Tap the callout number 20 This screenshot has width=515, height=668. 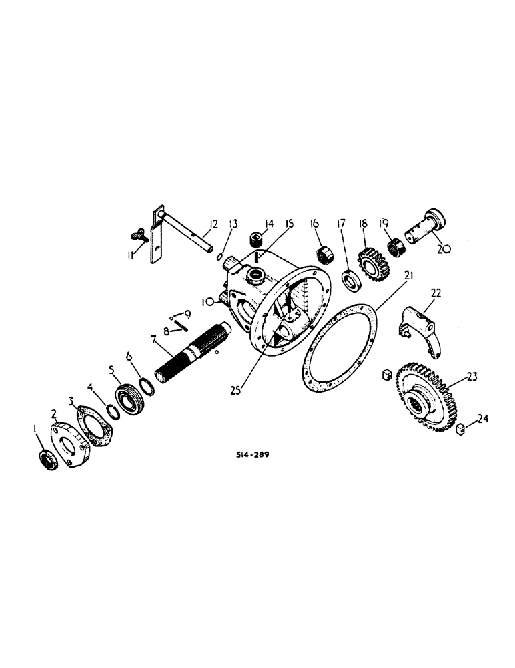pyautogui.click(x=444, y=247)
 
